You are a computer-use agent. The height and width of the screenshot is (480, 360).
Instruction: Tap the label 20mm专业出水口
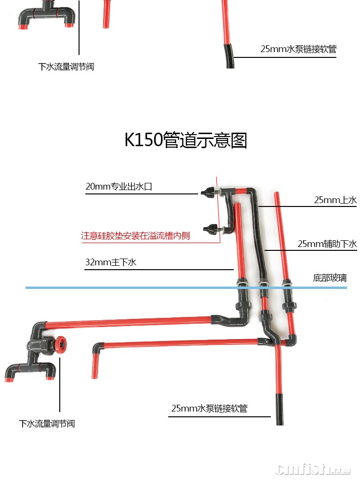(x=119, y=186)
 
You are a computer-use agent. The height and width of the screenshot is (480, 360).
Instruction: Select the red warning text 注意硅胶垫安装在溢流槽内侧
(x=135, y=236)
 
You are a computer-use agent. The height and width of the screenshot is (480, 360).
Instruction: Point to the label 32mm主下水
(x=111, y=262)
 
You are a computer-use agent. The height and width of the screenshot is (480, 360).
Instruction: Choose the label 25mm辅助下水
(x=327, y=244)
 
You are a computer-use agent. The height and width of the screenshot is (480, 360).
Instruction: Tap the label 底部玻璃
(x=330, y=278)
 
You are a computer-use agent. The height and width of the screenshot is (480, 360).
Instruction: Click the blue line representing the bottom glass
(x=145, y=288)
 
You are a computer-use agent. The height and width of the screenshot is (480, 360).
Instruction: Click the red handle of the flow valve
(x=61, y=345)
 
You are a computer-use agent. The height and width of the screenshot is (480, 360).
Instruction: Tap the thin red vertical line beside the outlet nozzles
(x=218, y=212)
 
